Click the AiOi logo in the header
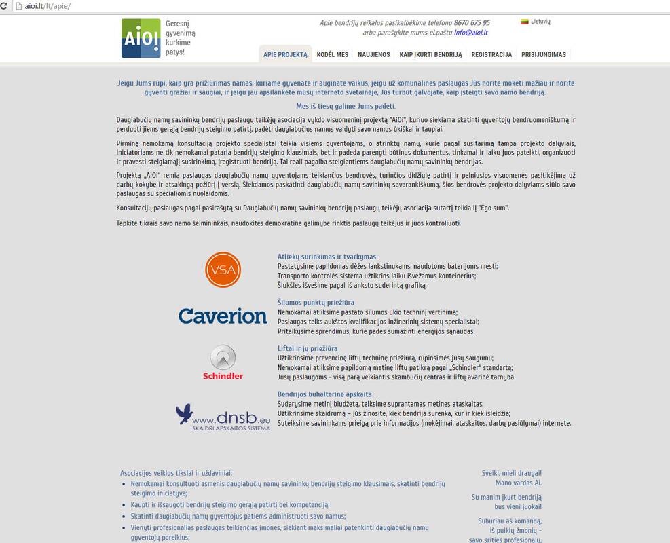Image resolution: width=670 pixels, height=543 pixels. coord(141,38)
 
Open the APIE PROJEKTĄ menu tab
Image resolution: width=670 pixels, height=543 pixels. coord(285,55)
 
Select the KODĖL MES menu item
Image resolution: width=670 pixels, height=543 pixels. coord(333,55)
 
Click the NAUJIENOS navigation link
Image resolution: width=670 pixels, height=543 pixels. coord(374,55)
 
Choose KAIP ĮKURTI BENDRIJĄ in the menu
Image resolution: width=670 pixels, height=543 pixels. coord(430,55)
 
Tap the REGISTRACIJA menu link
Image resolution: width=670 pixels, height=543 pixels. coord(491,55)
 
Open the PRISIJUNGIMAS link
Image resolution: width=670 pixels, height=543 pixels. coord(543,55)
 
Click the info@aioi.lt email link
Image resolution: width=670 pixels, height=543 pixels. coord(471,32)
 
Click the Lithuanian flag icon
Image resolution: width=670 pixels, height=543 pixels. coord(524,22)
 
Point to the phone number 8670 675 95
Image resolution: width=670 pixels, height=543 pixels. coord(472,22)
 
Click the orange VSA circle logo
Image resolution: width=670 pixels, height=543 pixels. coord(223,269)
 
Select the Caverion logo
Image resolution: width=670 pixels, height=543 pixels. coord(223,316)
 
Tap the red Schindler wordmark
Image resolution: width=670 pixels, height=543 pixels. coord(223,376)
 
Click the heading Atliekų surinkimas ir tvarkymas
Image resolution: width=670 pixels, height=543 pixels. coord(327,257)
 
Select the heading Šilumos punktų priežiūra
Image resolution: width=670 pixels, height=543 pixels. coord(316,302)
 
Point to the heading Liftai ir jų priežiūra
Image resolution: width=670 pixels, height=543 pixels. coord(308,348)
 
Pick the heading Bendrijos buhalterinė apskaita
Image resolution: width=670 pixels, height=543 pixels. coord(324,394)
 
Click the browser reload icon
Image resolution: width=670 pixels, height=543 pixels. coord(6,6)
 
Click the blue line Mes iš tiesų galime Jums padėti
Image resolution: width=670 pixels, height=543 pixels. coord(346,106)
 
